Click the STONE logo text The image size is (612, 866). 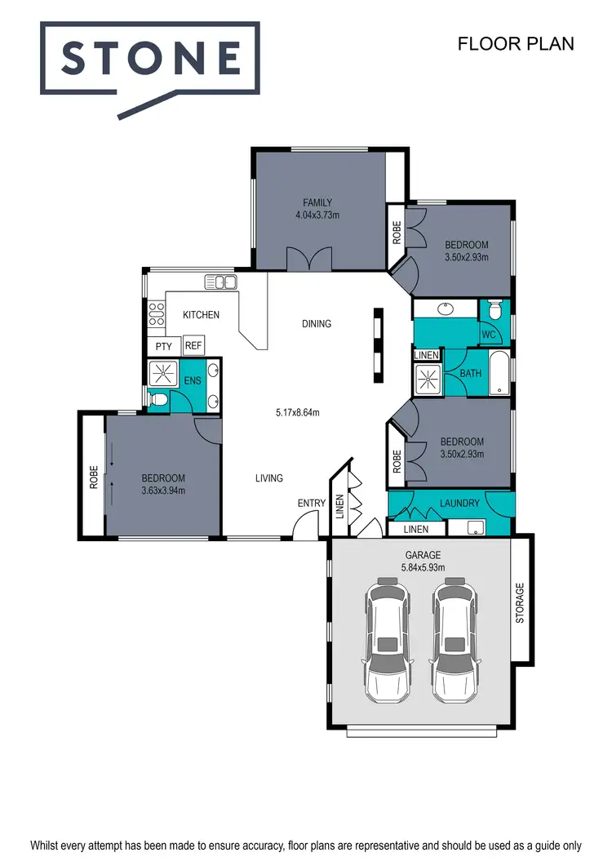pyautogui.click(x=151, y=59)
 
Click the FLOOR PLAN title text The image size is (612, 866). pyautogui.click(x=516, y=43)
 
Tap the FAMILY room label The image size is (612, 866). pyautogui.click(x=317, y=202)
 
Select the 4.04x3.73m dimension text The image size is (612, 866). pyautogui.click(x=317, y=215)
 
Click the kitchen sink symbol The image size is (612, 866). pyautogui.click(x=220, y=282)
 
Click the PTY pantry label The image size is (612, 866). pyautogui.click(x=164, y=346)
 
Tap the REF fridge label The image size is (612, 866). pyautogui.click(x=193, y=346)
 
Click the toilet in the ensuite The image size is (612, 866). pyautogui.click(x=160, y=400)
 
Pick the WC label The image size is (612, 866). pyautogui.click(x=489, y=335)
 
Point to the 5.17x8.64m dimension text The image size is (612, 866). pyautogui.click(x=297, y=413)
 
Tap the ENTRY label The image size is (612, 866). pyautogui.click(x=312, y=504)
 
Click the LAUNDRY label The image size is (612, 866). pyautogui.click(x=459, y=503)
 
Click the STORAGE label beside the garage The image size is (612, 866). pyautogui.click(x=521, y=602)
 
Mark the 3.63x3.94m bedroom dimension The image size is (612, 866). pyautogui.click(x=163, y=491)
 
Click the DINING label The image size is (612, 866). pyautogui.click(x=317, y=324)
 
